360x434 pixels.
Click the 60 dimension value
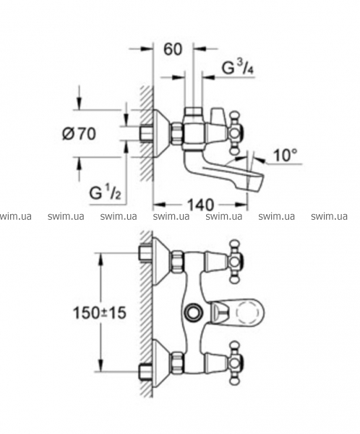point(173,49)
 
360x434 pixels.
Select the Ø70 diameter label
point(79,134)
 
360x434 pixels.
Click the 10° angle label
point(286,155)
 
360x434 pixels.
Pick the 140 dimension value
point(201,205)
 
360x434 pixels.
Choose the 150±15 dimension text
point(99,313)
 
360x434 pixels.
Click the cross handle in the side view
point(236,133)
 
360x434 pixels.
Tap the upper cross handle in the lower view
point(236,261)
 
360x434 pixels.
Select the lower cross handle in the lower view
point(236,363)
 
